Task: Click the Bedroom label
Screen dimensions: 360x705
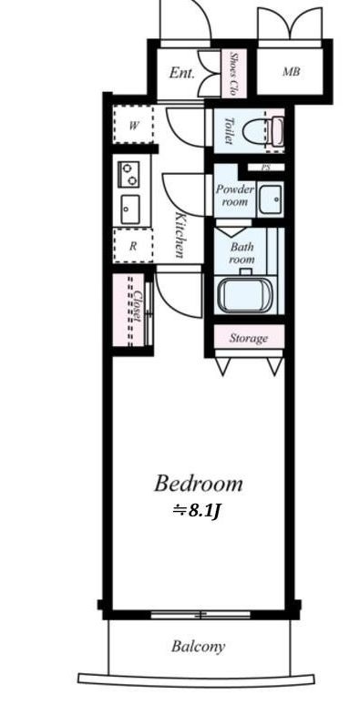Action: click(x=199, y=485)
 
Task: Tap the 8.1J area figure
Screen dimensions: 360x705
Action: click(x=196, y=511)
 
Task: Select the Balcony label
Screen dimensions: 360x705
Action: click(x=198, y=647)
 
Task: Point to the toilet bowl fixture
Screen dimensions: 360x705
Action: click(x=263, y=131)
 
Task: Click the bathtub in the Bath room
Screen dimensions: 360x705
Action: click(x=244, y=294)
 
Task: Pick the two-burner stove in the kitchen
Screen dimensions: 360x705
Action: click(x=129, y=174)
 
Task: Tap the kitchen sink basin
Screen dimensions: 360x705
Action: click(x=129, y=209)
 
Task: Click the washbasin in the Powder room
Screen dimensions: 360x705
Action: click(x=271, y=199)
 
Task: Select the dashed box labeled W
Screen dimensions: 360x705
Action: click(x=133, y=125)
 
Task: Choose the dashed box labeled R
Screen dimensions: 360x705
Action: click(x=133, y=246)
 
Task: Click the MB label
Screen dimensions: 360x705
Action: click(x=291, y=71)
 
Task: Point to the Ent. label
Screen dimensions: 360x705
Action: click(x=181, y=73)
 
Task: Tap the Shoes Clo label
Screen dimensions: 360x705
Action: click(x=234, y=74)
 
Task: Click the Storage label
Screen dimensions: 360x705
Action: click(x=249, y=338)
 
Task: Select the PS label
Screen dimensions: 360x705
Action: click(x=266, y=168)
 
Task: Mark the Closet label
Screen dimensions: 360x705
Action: click(x=139, y=304)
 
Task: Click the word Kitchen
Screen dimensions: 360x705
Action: click(x=180, y=235)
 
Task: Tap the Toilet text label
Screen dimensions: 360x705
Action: click(x=229, y=130)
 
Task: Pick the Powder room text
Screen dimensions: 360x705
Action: click(x=234, y=195)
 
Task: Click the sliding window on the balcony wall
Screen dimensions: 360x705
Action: click(x=201, y=614)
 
